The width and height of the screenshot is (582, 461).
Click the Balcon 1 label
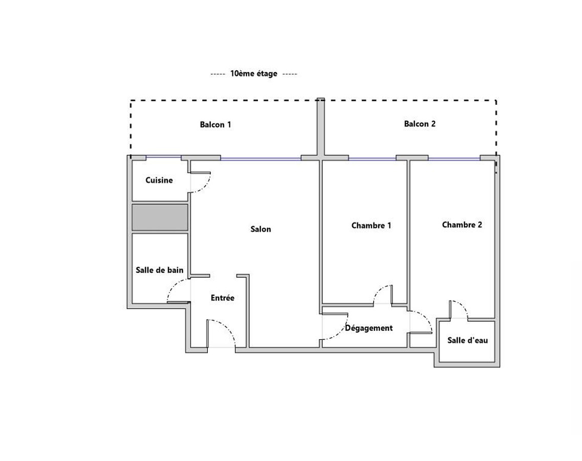click(215, 125)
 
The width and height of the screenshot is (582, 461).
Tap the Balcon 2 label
click(420, 124)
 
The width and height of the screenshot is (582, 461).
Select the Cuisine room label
click(159, 180)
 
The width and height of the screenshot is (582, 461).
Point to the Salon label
click(261, 229)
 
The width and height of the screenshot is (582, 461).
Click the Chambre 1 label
click(371, 226)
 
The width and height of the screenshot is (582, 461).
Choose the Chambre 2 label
click(462, 225)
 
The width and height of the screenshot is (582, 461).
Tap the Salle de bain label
click(160, 270)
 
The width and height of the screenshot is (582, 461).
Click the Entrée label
click(223, 298)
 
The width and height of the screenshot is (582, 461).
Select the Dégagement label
click(369, 328)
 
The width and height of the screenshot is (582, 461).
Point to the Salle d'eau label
click(468, 340)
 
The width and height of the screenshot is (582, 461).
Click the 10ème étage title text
click(253, 74)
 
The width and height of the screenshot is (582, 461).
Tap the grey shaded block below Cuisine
click(160, 217)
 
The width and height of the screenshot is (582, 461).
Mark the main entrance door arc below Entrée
click(227, 326)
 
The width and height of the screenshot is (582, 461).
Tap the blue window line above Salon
click(261, 159)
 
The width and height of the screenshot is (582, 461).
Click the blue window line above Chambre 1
click(372, 159)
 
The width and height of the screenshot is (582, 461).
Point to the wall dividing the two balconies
click(321, 127)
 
